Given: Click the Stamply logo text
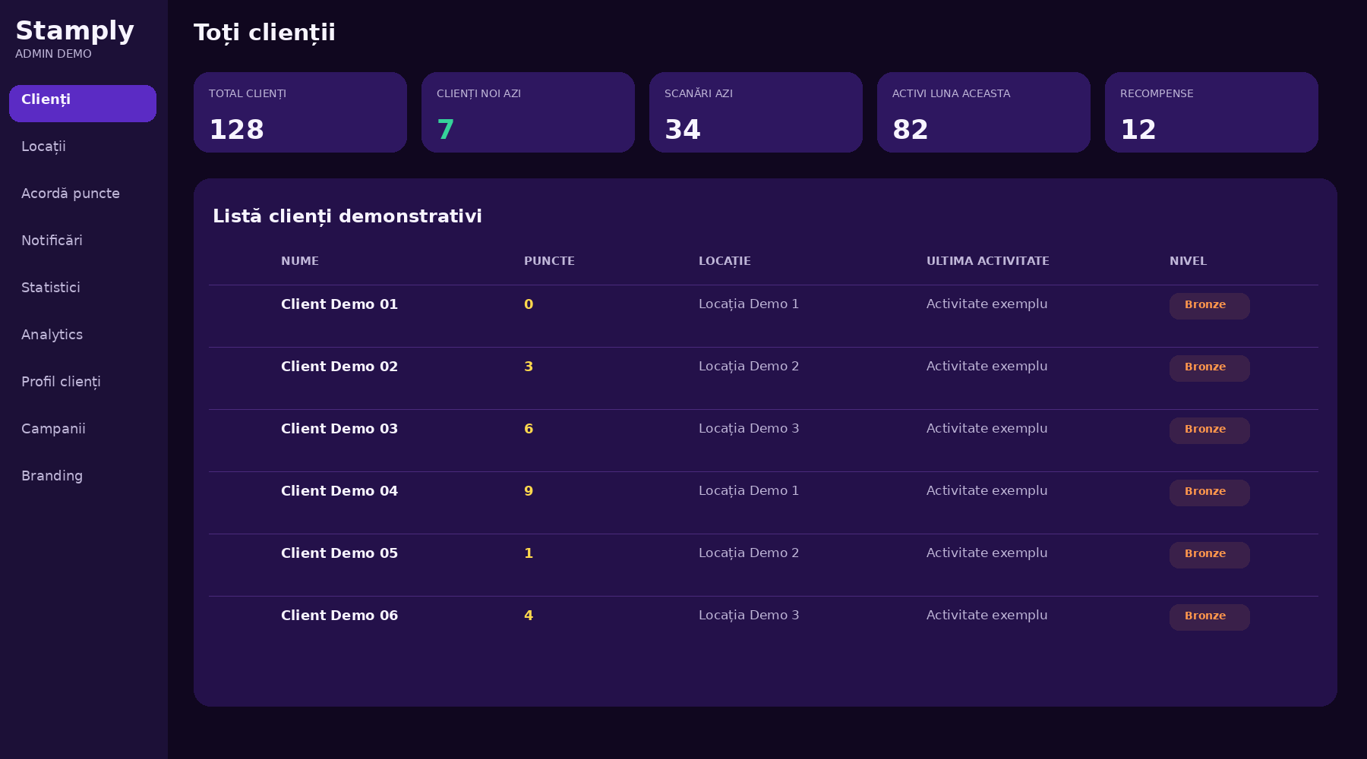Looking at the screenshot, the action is pos(74,31).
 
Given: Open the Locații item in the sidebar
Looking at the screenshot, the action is pos(43,146).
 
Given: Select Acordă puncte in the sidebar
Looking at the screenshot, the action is pos(71,194).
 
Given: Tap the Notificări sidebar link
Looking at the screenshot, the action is pos(52,241).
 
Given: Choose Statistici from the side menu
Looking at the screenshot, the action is pos(51,288).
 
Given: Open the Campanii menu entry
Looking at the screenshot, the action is pos(53,429).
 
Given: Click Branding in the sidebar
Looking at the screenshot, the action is pos(52,476).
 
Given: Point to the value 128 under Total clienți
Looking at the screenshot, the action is pos(236,130).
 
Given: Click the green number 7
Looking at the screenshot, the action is pos(445,130).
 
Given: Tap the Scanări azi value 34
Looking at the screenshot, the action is pos(682,130).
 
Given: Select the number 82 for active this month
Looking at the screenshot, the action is pos(910,130).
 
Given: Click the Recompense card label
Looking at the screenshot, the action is pos(1157,93).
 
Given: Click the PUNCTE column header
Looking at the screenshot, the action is pos(549,261).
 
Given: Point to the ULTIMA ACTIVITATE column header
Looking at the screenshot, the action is pos(987,261).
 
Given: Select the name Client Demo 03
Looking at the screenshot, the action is pos(339,429).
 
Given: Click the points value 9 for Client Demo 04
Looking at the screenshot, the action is pos(529,491).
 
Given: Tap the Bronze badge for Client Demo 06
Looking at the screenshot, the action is pos(1209,617).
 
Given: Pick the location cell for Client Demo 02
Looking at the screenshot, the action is pos(749,367).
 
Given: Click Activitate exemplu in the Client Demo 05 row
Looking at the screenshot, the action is pos(987,553).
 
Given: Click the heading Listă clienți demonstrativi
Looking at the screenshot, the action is pos(347,217).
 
